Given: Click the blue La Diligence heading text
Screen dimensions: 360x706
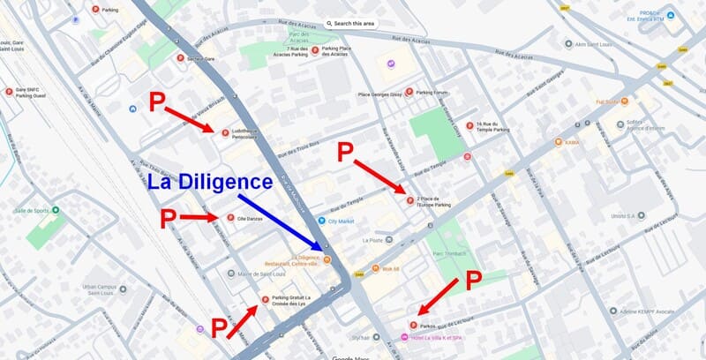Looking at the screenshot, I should tap(210, 183).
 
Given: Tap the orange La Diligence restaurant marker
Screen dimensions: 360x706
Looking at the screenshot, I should tap(327, 259).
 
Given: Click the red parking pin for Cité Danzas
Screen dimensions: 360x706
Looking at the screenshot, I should tap(230, 218).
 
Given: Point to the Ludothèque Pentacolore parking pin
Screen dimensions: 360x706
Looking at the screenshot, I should tap(225, 133).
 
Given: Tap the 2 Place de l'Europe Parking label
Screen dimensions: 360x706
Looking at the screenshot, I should tap(433, 203).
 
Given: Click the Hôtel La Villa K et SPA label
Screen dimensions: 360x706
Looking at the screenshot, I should tap(441, 335).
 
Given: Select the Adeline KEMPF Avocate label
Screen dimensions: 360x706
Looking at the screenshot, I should tap(639, 311).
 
